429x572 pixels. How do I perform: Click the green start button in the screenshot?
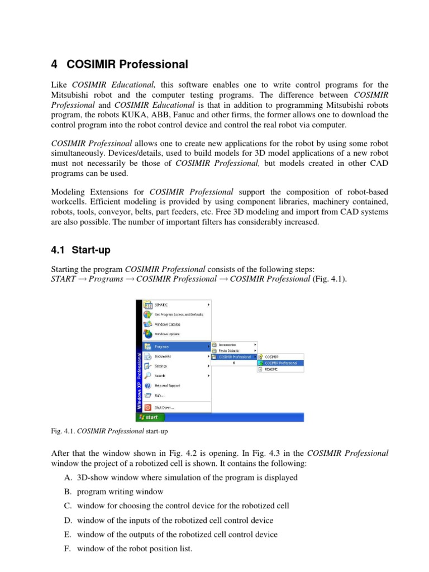pos(149,417)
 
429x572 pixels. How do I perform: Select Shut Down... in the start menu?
pos(164,407)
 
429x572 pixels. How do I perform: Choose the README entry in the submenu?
pos(271,369)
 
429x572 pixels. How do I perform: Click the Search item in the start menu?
pos(160,376)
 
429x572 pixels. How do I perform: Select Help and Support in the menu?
pos(167,385)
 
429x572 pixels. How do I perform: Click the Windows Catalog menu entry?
pos(167,324)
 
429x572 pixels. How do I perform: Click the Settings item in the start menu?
pos(161,366)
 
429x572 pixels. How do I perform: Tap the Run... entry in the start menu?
pos(160,395)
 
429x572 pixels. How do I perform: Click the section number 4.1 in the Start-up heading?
pos(59,251)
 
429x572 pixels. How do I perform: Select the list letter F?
pos(68,549)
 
